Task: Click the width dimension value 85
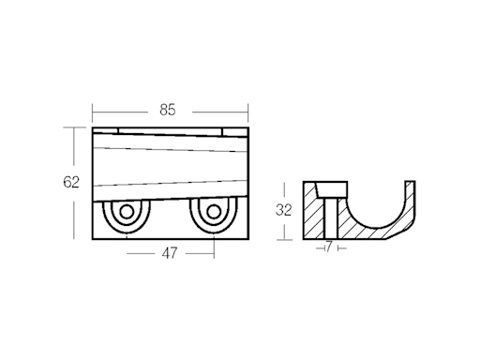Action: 168,110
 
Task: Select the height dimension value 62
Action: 71,182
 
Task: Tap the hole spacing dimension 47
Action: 170,252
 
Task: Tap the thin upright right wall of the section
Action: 412,192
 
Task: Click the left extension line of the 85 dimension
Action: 92,112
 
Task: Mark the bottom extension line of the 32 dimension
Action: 285,238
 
